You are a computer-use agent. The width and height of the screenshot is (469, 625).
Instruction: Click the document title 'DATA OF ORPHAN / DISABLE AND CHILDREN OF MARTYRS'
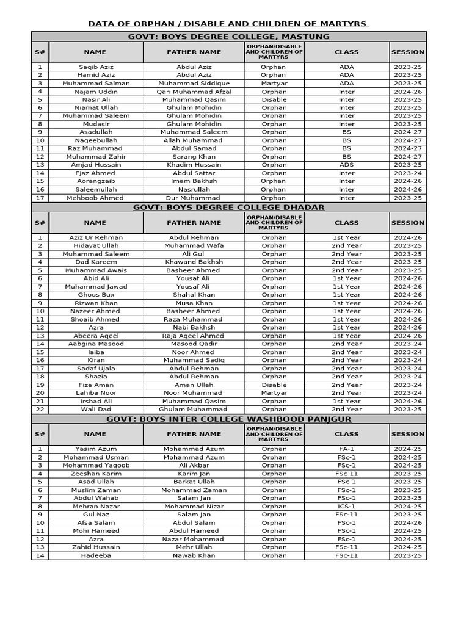point(228,24)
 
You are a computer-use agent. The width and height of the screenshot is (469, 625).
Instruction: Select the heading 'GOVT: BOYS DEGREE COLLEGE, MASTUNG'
point(228,37)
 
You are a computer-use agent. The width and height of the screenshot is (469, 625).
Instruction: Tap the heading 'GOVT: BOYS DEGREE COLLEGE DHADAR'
point(228,208)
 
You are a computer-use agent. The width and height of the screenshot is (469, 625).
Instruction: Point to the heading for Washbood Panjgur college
point(228,419)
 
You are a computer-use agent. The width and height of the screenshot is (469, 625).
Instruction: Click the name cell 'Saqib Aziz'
point(96,67)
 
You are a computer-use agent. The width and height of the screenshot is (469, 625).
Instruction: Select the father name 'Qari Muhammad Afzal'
point(194,92)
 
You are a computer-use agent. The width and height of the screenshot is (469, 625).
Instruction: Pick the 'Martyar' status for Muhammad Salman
point(274,84)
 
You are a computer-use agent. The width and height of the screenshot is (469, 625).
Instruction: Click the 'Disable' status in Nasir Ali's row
point(274,99)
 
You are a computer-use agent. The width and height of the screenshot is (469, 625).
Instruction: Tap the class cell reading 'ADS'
point(346,165)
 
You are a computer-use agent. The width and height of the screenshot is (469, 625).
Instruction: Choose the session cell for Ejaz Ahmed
point(407,173)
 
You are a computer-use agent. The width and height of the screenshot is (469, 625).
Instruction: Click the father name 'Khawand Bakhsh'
point(194,262)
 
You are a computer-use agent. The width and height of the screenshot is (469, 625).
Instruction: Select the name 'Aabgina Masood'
point(96,344)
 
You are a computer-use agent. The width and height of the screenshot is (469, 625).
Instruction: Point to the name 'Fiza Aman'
point(96,385)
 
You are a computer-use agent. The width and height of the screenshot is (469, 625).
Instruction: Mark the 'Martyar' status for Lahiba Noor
point(274,393)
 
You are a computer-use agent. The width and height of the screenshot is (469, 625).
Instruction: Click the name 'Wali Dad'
point(96,410)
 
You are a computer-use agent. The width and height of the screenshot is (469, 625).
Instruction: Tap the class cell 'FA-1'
point(346,449)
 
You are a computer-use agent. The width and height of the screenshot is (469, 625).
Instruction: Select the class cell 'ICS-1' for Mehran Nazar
point(346,507)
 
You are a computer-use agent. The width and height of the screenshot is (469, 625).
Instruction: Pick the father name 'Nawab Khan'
point(194,555)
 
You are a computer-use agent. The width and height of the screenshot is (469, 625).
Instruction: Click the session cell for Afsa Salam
point(407,523)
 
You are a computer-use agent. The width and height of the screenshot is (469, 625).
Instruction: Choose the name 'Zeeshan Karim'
point(96,474)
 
